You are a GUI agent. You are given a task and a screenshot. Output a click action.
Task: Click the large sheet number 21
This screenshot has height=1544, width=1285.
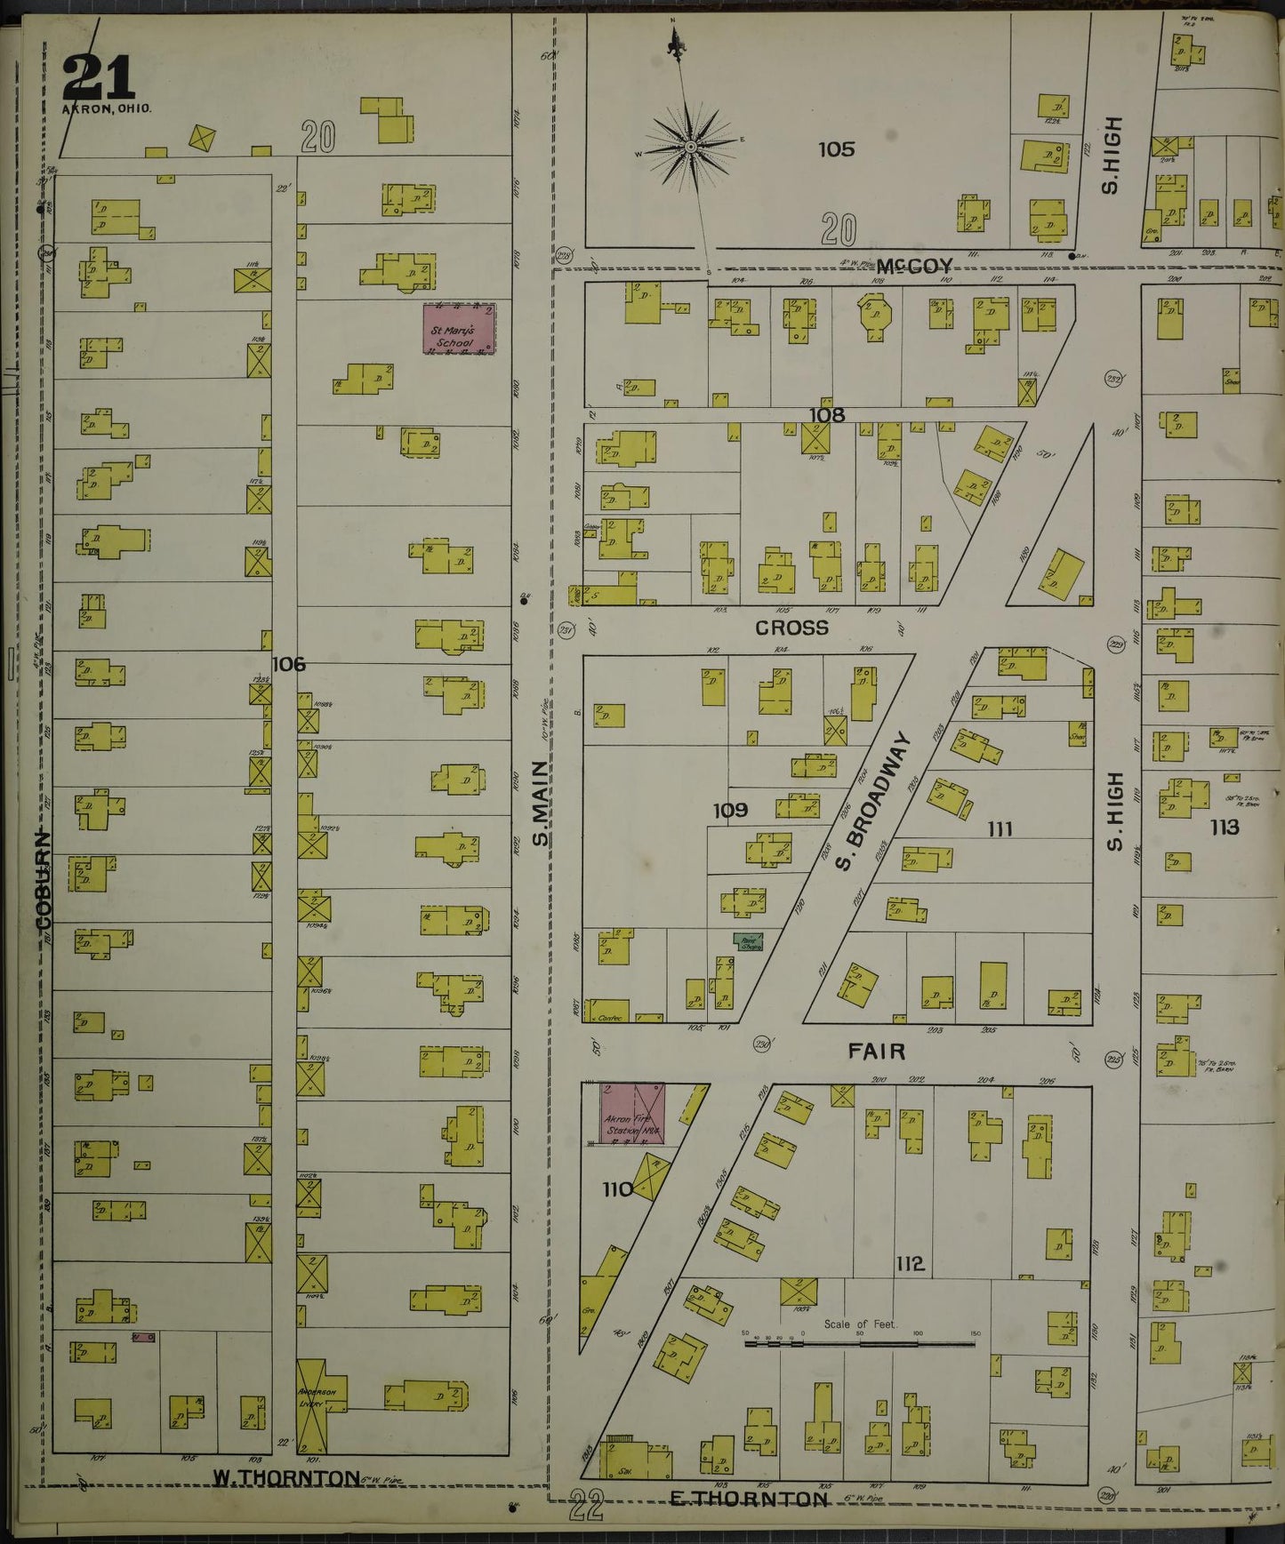click(98, 77)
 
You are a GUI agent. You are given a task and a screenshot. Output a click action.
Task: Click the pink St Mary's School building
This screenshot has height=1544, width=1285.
click(459, 328)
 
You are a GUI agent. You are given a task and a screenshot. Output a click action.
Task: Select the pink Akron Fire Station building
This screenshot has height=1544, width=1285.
click(633, 1113)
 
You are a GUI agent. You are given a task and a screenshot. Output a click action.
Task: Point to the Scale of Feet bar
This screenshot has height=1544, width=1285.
click(860, 1344)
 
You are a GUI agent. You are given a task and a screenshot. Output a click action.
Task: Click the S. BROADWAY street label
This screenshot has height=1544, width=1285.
click(876, 800)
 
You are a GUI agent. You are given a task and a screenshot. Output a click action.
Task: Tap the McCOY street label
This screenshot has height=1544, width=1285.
click(913, 266)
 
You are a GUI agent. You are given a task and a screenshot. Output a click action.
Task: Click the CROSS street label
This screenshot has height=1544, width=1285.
click(791, 628)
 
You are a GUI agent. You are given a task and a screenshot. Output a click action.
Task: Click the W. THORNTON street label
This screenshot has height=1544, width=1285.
click(274, 1476)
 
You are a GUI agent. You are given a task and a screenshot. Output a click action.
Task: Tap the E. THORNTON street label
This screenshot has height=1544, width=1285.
click(749, 1500)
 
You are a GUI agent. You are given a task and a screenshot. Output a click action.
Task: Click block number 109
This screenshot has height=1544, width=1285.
click(730, 810)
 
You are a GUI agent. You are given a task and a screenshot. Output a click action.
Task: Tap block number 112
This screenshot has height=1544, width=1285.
click(910, 1263)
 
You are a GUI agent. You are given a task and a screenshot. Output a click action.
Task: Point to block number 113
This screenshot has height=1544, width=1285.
click(1224, 827)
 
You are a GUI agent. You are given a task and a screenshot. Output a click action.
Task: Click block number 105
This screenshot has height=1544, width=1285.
click(836, 148)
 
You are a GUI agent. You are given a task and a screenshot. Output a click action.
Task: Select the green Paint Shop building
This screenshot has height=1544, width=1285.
click(749, 941)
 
